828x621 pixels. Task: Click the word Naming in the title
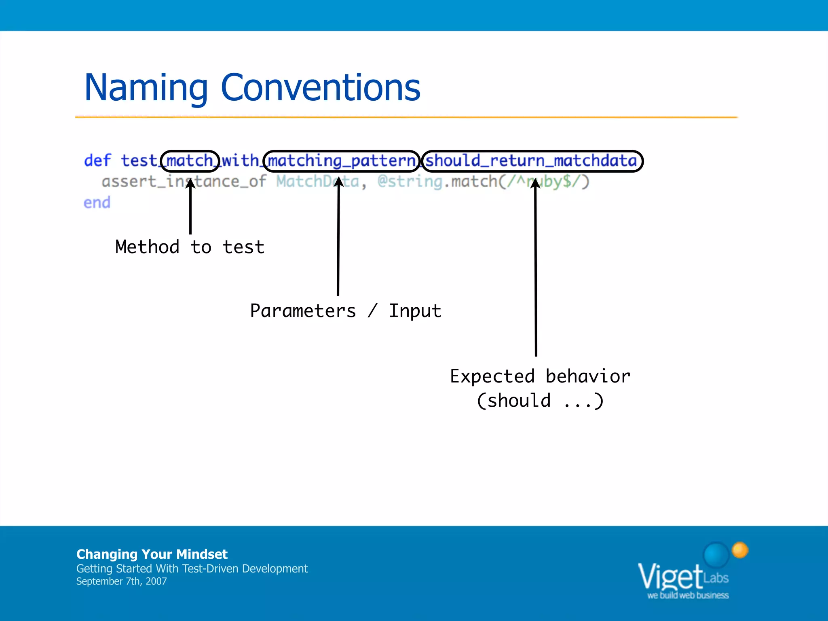coord(146,88)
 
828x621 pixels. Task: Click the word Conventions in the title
coord(320,88)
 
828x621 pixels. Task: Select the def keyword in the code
coord(97,161)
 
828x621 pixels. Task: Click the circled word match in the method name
coord(190,161)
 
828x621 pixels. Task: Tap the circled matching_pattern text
coord(342,161)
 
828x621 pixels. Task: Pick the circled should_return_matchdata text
coord(531,161)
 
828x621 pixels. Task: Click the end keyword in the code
coord(97,202)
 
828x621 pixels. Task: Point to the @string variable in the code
coord(410,181)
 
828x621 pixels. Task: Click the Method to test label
coord(190,247)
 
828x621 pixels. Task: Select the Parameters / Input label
coord(345,311)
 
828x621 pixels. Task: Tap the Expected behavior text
coord(540,376)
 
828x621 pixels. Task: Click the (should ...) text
coord(540,401)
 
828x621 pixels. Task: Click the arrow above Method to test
coord(190,210)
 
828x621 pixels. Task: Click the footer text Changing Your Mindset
coord(152,554)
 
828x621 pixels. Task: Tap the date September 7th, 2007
coord(121,581)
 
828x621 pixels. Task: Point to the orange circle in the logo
coord(740,550)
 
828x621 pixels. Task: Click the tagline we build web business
coord(688,596)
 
